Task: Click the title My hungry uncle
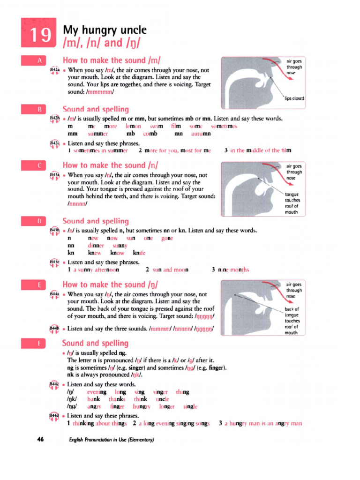coord(105,30)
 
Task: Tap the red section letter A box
coord(39,60)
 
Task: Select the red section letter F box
coord(39,343)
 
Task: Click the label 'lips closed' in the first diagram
coord(294,98)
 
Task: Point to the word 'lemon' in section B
coord(134,127)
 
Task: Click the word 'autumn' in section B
coord(201,134)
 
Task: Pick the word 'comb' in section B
coord(150,134)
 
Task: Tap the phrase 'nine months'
coord(233,270)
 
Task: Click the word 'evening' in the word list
coord(97,391)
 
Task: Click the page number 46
coord(40,440)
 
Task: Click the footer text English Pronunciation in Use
coord(111,440)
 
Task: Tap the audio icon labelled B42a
coord(54,71)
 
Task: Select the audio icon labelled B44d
coord(54,416)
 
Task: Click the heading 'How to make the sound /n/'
coord(110,165)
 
